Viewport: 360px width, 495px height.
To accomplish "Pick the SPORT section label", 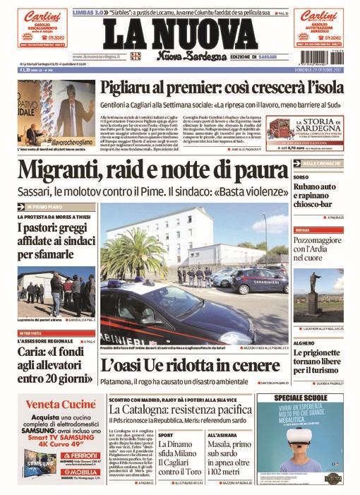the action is coord(165,435).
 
